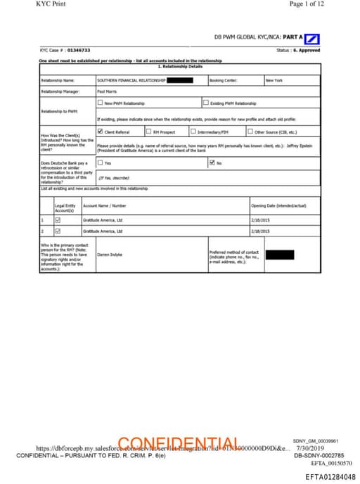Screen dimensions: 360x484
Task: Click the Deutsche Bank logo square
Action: coord(313,38)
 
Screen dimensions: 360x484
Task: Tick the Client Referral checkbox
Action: coord(101,132)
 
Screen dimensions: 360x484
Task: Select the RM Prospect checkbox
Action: coord(148,132)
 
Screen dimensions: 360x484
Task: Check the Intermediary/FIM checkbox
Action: coord(193,132)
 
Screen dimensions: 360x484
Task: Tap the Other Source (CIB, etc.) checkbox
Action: coord(250,132)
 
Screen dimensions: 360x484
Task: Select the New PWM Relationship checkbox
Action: coord(101,103)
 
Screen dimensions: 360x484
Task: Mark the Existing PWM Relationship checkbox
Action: coord(205,103)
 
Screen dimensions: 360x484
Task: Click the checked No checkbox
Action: coord(212,163)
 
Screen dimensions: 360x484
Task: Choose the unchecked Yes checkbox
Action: coord(101,163)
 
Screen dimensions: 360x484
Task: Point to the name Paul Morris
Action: coord(107,91)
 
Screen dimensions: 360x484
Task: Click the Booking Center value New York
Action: coord(274,80)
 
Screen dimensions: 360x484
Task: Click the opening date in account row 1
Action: coord(261,219)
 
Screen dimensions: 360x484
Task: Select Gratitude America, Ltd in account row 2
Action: coord(103,231)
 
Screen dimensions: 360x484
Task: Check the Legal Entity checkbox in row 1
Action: coord(58,219)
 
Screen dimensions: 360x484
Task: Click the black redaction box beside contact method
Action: coord(279,254)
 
